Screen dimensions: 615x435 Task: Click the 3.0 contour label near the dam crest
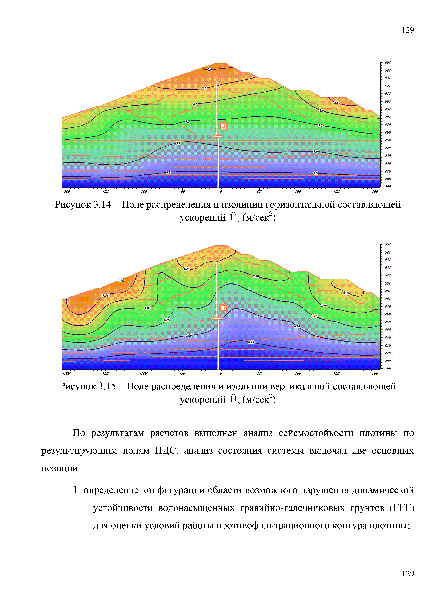(x=210, y=70)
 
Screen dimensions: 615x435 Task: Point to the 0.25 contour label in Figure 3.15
(x=251, y=342)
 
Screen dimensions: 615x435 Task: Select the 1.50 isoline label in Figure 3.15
(x=106, y=295)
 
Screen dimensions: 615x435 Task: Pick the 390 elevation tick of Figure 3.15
(x=388, y=369)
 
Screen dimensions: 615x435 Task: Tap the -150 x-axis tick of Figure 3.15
(x=105, y=373)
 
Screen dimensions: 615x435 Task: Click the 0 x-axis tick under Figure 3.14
(x=221, y=191)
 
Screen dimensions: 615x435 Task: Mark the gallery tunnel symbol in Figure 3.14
(x=223, y=126)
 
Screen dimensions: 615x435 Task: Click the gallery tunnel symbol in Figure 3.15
(x=223, y=307)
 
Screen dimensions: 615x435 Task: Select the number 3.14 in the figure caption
(x=102, y=205)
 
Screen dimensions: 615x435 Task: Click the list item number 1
(x=75, y=490)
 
